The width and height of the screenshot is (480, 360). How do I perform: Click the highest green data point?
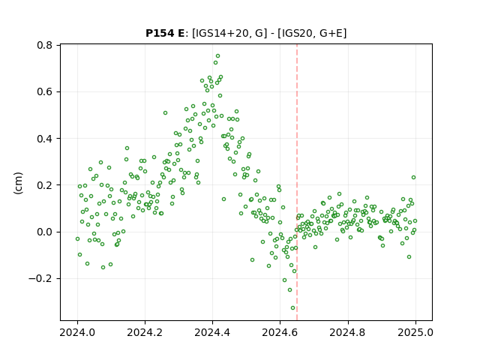pos(218,56)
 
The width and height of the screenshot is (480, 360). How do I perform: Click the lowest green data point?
pos(292,308)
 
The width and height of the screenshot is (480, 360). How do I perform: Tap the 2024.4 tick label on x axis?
pos(212,332)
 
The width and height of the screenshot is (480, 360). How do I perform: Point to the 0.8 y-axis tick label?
pos(45,45)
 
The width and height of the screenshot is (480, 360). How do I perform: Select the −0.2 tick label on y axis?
pos(40,279)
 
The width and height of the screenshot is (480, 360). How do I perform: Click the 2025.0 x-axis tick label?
pos(415,332)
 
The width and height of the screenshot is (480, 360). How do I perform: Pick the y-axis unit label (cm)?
pos(18,183)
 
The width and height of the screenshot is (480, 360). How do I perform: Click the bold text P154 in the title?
pos(160,33)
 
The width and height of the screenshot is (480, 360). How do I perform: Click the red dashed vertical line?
pos(297,182)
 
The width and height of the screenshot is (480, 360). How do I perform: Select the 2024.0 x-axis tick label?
pos(77,332)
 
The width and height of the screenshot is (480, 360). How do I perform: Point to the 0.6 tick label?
pos(45,91)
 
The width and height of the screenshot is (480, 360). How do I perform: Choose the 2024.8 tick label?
pos(348,332)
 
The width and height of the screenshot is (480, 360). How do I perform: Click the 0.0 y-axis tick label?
pos(45,232)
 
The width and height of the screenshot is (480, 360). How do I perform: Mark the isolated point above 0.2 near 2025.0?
pos(413,178)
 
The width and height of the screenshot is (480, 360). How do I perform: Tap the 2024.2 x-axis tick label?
pos(145,332)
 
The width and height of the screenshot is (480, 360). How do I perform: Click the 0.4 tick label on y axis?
pos(45,139)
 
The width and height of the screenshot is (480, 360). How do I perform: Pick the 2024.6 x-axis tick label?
pos(280,332)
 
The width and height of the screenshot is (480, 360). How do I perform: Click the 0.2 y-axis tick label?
pos(45,185)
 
